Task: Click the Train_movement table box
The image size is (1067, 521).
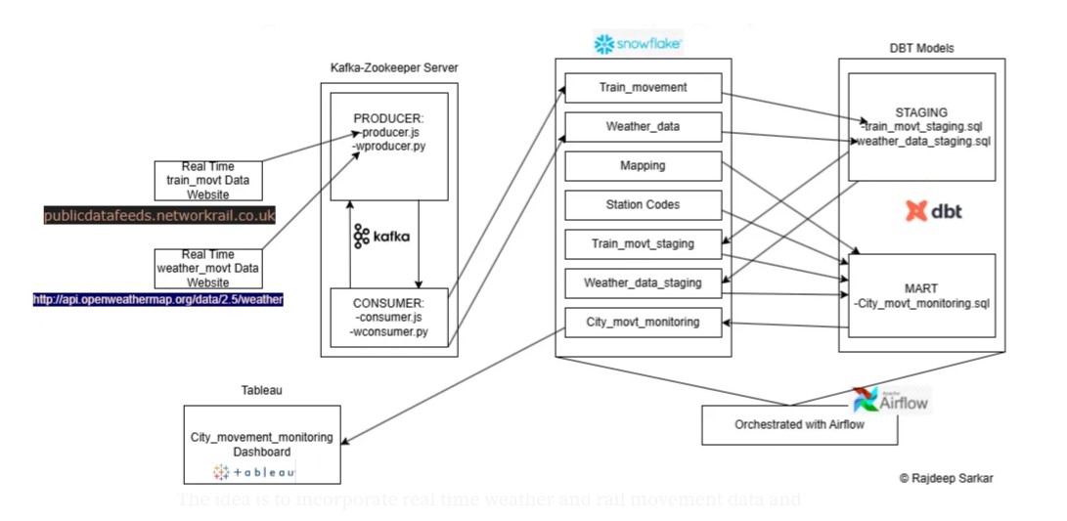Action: click(x=643, y=88)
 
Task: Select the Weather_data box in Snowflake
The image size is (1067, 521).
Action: click(x=643, y=127)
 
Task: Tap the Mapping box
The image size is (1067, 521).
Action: click(x=643, y=166)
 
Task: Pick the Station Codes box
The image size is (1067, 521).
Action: click(x=643, y=205)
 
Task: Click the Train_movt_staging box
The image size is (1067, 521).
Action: click(x=643, y=243)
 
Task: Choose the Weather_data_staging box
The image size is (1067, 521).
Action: click(x=643, y=283)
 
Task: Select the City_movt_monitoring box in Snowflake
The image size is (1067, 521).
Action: click(x=643, y=322)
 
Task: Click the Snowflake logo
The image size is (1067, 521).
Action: click(x=638, y=44)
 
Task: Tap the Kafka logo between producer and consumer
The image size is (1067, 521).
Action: click(x=381, y=236)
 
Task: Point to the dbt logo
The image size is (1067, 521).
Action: click(x=933, y=210)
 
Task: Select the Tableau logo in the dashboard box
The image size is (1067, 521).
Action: click(x=254, y=472)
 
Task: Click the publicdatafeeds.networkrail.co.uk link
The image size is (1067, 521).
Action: click(x=159, y=216)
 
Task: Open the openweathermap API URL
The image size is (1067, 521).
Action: click(x=157, y=300)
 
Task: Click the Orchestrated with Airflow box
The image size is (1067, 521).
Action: click(x=799, y=425)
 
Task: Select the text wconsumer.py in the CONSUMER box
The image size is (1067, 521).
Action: click(x=388, y=332)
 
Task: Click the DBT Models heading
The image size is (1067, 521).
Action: click(x=921, y=48)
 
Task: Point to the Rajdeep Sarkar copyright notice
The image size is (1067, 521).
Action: click(x=946, y=479)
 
